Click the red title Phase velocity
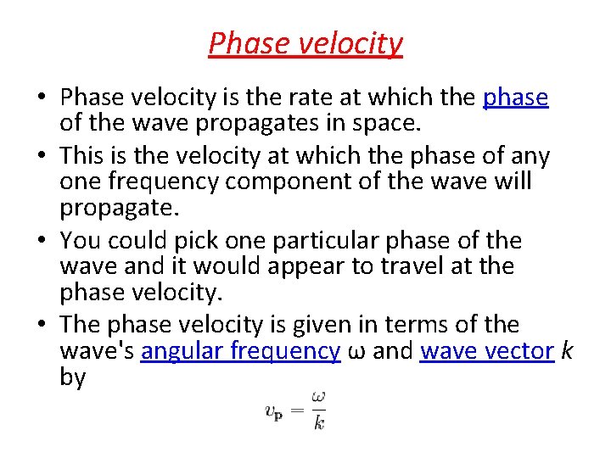(305, 42)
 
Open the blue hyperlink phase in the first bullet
(515, 98)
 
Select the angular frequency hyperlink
(240, 351)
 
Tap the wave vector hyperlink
(487, 351)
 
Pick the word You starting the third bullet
(82, 240)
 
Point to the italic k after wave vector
(566, 351)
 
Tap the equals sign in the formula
(298, 411)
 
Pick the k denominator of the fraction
(318, 422)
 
